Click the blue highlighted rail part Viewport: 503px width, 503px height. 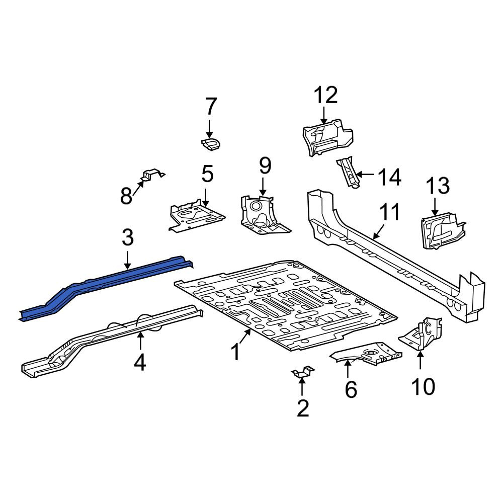[x=106, y=285]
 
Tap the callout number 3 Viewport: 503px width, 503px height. [x=128, y=238]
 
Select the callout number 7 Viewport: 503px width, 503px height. [x=210, y=106]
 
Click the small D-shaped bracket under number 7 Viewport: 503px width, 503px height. [x=211, y=144]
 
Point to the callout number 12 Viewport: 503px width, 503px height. [x=325, y=95]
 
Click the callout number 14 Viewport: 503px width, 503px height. [x=389, y=177]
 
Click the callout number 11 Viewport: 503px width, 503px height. [x=389, y=212]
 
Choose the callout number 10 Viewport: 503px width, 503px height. [x=424, y=386]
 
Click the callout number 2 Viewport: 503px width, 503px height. [x=303, y=408]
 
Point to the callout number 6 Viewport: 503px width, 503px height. [x=351, y=389]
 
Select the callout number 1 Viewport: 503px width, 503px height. [x=236, y=352]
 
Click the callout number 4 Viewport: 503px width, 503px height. [x=140, y=363]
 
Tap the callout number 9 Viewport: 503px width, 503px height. [x=265, y=165]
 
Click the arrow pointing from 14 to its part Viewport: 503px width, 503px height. [x=365, y=175]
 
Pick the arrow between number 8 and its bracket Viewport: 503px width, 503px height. [x=138, y=188]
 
